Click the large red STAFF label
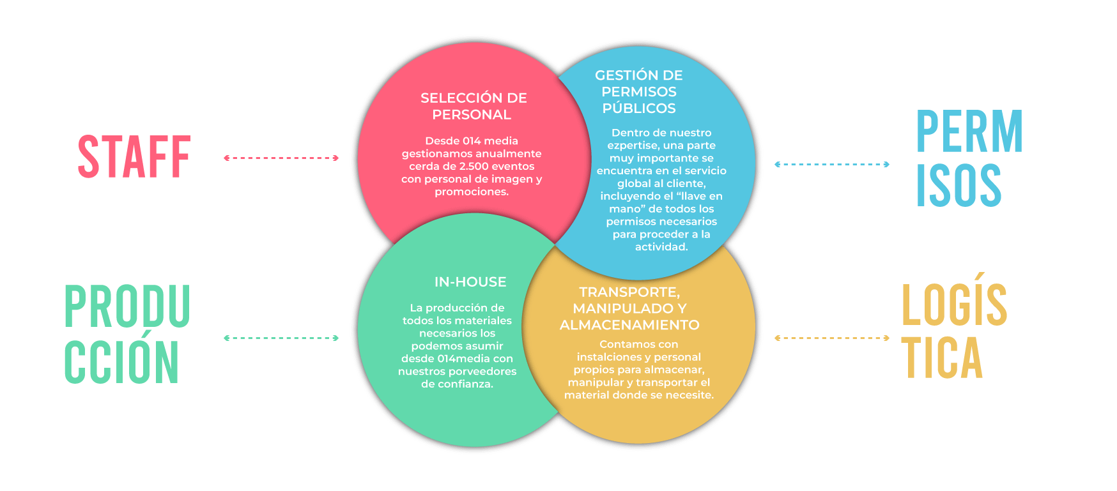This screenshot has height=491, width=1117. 134,156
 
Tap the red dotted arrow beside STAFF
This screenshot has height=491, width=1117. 281,158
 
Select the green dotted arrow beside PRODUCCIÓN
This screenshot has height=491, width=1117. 281,338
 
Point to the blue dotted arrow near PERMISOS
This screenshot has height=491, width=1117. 832,164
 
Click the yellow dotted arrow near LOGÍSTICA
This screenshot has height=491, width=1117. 832,338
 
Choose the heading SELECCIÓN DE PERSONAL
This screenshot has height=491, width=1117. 473,106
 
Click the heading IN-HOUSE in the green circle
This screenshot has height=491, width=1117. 470,282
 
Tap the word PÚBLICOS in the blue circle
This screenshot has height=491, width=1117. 639,109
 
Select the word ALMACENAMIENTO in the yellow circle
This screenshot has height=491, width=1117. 629,324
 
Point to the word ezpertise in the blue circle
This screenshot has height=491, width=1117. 633,146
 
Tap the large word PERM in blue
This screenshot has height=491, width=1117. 969,131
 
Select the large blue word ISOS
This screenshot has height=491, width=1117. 959,185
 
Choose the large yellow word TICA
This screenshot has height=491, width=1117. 942,357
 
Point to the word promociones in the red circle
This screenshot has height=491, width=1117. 472,192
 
